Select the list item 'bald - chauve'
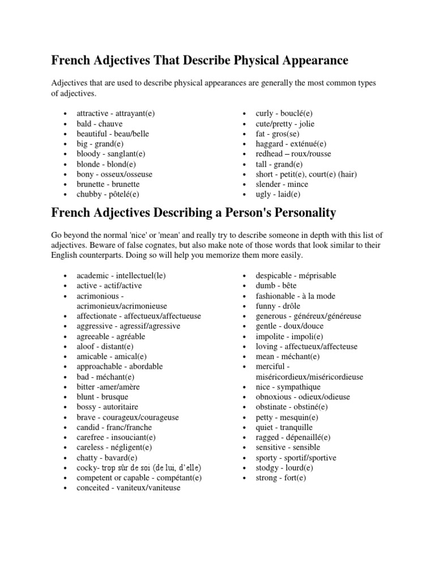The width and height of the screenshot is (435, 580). [x=100, y=123]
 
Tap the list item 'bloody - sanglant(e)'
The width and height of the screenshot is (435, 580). [x=111, y=154]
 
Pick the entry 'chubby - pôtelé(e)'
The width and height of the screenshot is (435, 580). [x=108, y=194]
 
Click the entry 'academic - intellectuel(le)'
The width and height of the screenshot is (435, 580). [x=121, y=275]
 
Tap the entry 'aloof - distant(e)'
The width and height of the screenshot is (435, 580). [x=105, y=347]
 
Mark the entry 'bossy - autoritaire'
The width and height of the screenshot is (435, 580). [x=108, y=407]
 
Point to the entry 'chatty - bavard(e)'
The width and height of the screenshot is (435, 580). [x=107, y=458]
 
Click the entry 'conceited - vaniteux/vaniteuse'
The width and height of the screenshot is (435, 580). [x=129, y=488]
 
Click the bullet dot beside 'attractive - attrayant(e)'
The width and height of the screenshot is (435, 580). [x=67, y=114]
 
